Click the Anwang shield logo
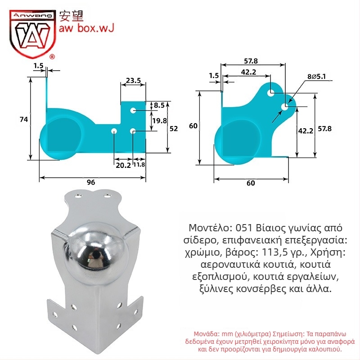point(32,33)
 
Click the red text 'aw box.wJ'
point(86,28)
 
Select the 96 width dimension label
point(91,182)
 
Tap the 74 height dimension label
point(24,119)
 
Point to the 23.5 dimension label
point(133,81)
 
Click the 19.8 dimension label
point(160,121)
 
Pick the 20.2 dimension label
point(123,165)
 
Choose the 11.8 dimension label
point(139,165)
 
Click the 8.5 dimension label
point(159,105)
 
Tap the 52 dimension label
point(174,129)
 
